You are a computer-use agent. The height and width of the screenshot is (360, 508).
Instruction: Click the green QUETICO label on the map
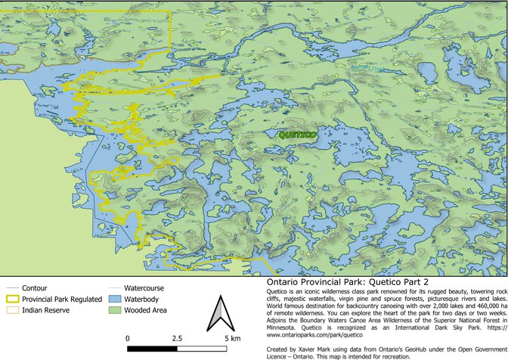(x=293, y=135)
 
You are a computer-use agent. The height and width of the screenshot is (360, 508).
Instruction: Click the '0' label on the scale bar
(x=128, y=338)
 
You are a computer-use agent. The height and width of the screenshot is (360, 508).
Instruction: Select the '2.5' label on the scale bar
(x=178, y=338)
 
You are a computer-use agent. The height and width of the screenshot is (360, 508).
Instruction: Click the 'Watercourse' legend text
(x=144, y=288)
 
